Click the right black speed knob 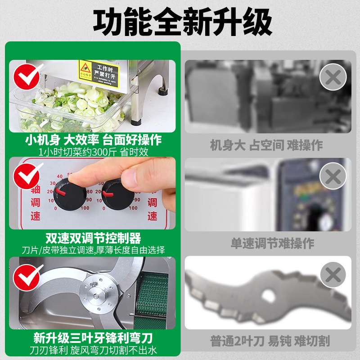click(x=118, y=195)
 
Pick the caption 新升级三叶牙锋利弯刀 click(x=93, y=337)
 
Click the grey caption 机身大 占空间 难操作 click(x=266, y=145)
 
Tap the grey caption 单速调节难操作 click(x=266, y=243)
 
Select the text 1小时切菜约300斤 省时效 click(x=93, y=152)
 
